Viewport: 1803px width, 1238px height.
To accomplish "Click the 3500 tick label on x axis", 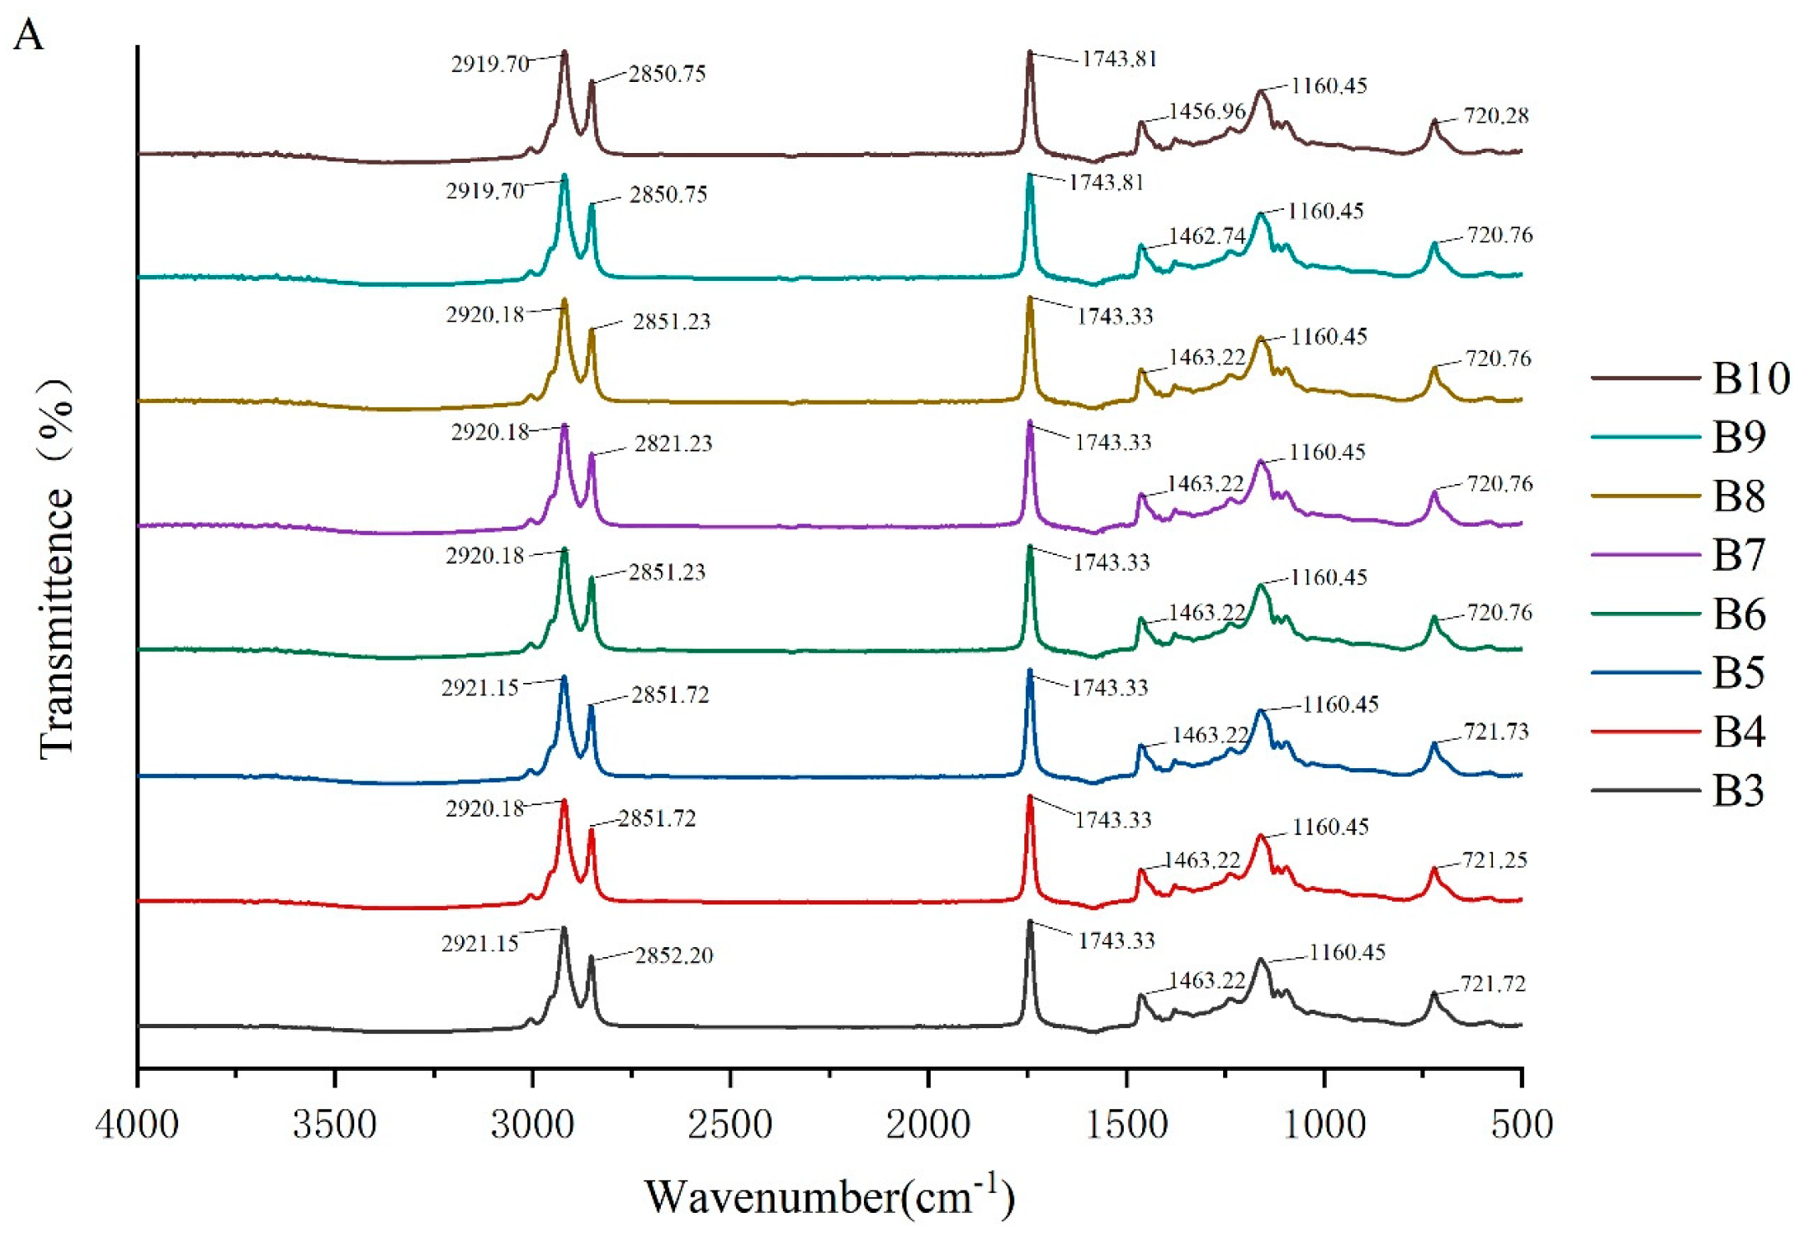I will pyautogui.click(x=334, y=1124).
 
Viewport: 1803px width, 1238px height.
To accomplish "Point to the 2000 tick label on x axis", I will pyautogui.click(x=927, y=1124).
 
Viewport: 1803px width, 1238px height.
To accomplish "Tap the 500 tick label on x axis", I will pyautogui.click(x=1521, y=1124).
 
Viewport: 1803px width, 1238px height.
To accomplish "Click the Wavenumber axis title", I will pyautogui.click(x=829, y=1196).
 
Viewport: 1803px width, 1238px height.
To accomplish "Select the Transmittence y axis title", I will pyautogui.click(x=57, y=568).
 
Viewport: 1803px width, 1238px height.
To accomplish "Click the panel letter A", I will pyautogui.click(x=28, y=36).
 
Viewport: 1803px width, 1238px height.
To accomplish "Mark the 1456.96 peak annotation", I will pyautogui.click(x=1206, y=111).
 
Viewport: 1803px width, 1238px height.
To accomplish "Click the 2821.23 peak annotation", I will pyautogui.click(x=673, y=443).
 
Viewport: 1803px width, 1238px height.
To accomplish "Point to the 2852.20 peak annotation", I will pyautogui.click(x=673, y=955).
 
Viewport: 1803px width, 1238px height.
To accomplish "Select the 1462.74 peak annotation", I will pyautogui.click(x=1206, y=236).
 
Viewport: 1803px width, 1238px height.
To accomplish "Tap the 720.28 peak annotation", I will pyautogui.click(x=1496, y=115).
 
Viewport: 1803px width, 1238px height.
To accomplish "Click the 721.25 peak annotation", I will pyautogui.click(x=1494, y=859).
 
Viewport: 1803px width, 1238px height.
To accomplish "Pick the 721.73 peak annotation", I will pyautogui.click(x=1496, y=731).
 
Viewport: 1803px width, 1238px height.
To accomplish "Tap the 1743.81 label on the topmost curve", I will pyautogui.click(x=1119, y=59).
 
